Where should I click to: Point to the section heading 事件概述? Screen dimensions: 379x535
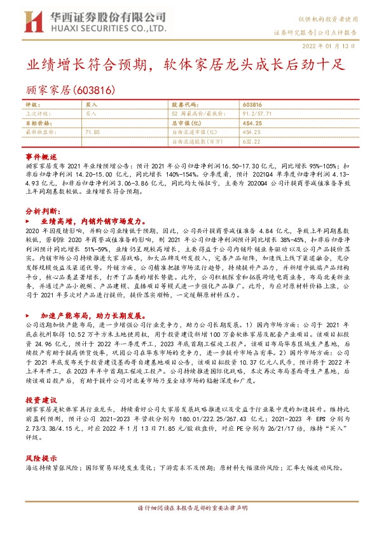pyautogui.click(x=41, y=156)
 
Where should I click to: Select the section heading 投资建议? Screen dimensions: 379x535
pyautogui.click(x=41, y=400)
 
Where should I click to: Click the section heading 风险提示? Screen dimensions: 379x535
pyautogui.click(x=41, y=457)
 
